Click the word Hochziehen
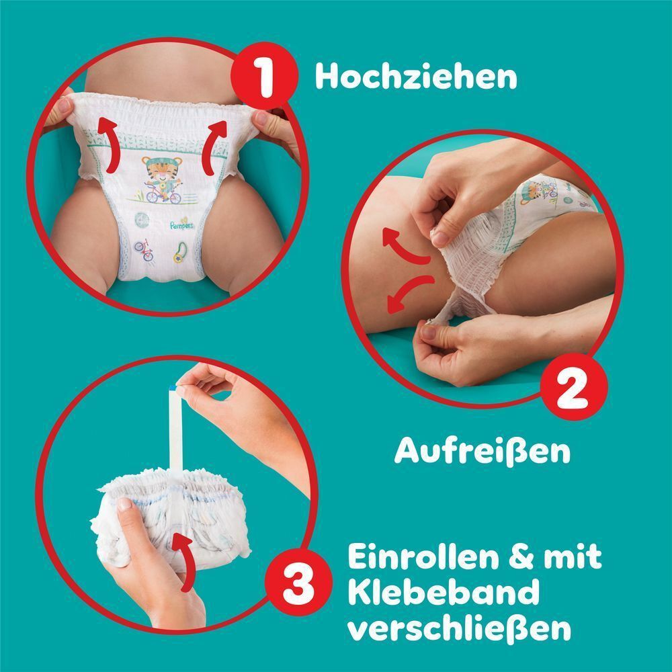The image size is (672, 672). coord(416,77)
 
